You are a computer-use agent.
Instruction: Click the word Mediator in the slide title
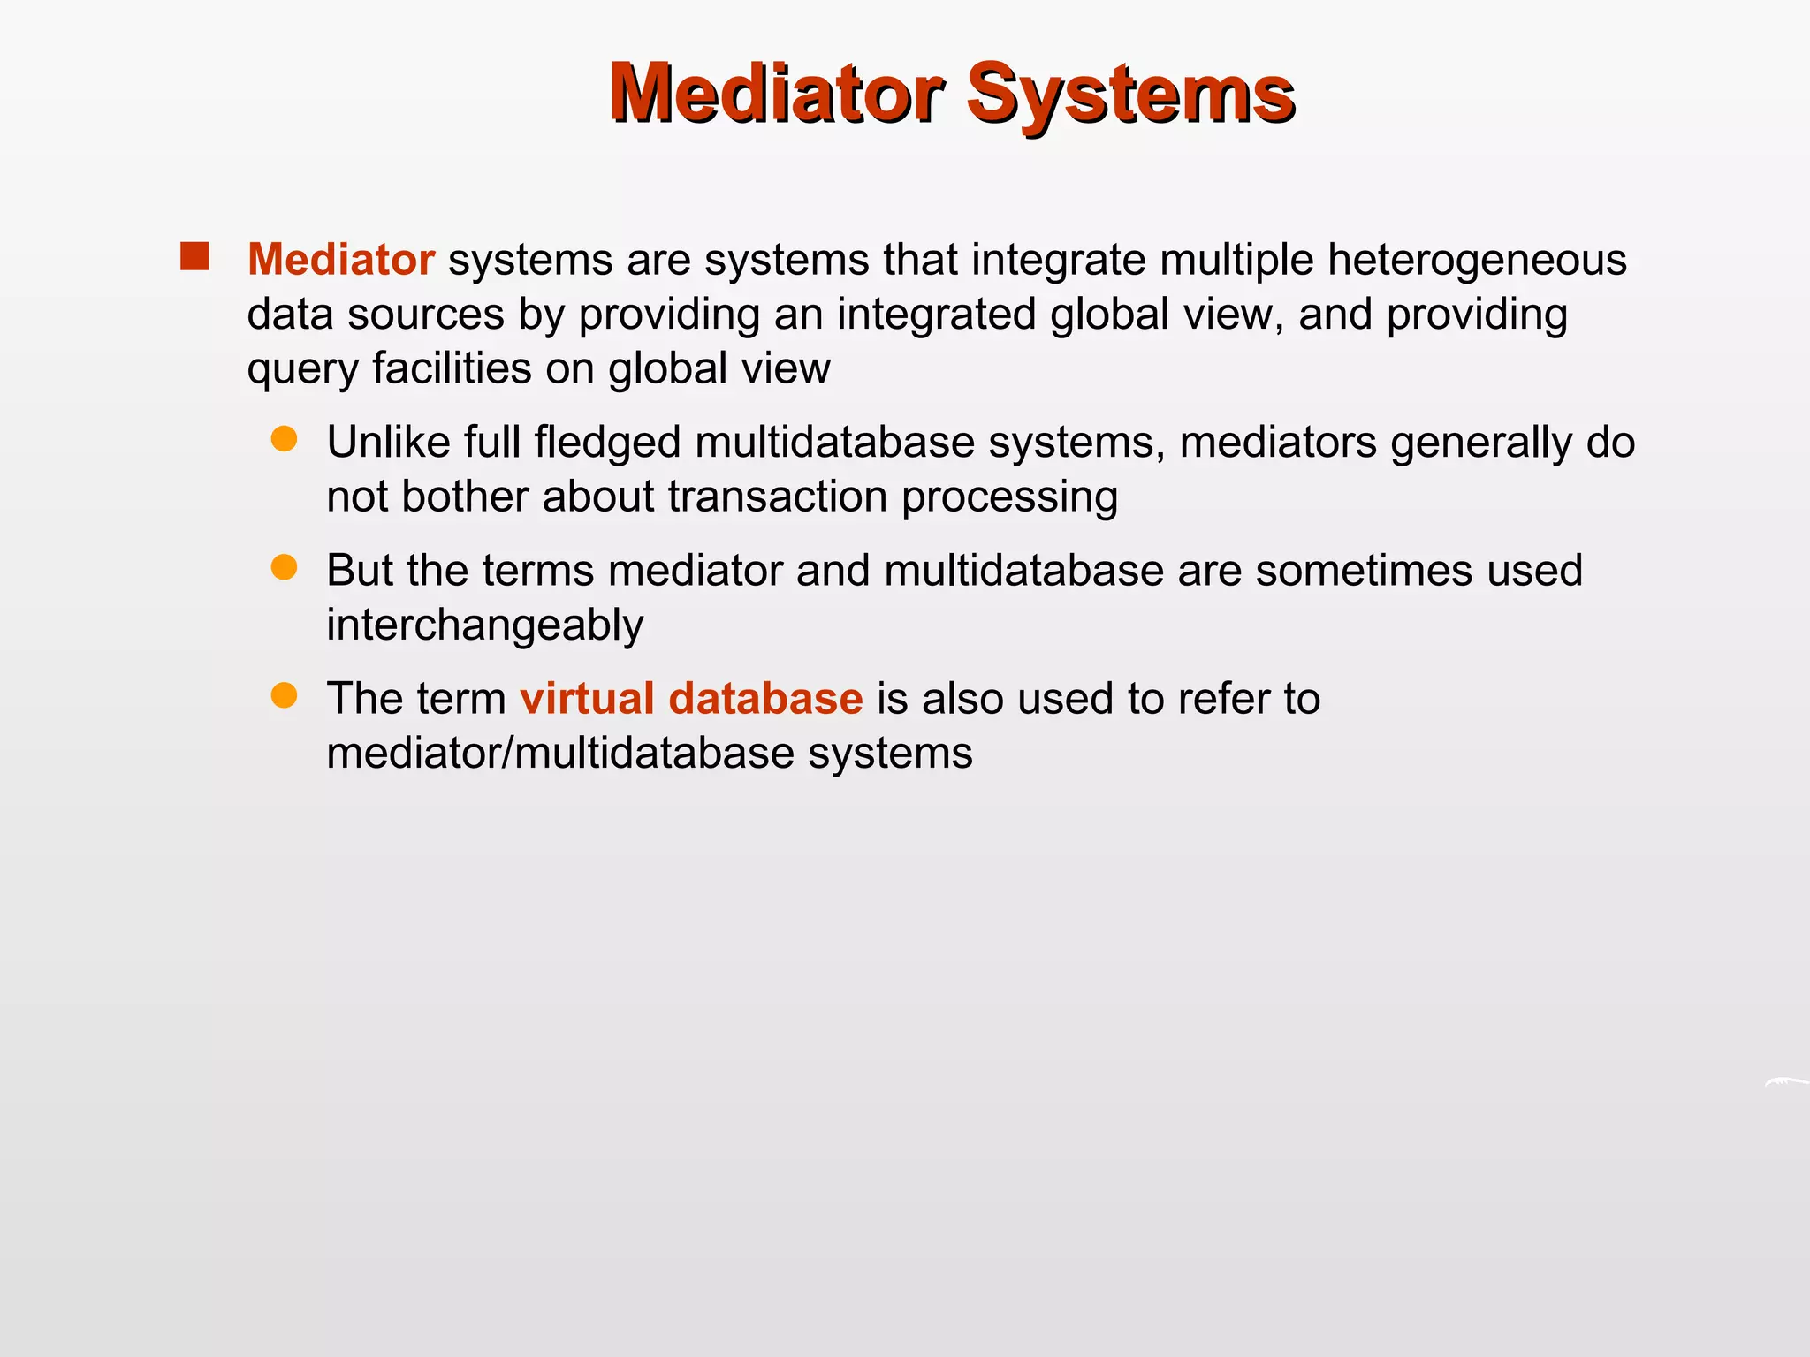pos(776,93)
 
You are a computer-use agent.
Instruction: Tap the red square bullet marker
pos(194,256)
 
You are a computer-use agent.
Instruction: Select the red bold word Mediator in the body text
pos(340,260)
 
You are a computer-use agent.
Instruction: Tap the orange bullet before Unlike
pos(284,439)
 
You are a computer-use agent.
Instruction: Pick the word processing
pos(1009,498)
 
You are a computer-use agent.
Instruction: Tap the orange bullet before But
pos(284,567)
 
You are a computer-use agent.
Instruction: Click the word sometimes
pos(1364,571)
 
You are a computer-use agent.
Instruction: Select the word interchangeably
pos(484,625)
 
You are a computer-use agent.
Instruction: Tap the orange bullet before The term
pos(284,695)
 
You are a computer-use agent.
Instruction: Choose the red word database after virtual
pos(765,698)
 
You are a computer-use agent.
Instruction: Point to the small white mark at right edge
pos(1787,1081)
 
